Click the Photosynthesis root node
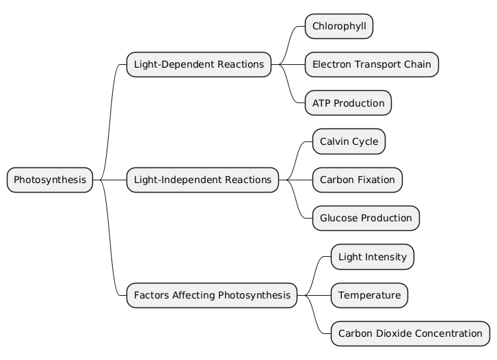click(50, 180)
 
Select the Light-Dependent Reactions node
click(198, 64)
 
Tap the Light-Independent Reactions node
click(202, 180)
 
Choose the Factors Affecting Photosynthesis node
click(212, 295)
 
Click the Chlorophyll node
click(338, 26)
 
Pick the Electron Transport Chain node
click(371, 64)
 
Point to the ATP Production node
click(348, 103)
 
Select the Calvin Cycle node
click(349, 141)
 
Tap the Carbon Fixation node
click(357, 180)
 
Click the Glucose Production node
click(366, 218)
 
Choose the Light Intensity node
click(372, 257)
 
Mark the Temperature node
click(369, 295)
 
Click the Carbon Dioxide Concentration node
click(410, 333)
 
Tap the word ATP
click(322, 103)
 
